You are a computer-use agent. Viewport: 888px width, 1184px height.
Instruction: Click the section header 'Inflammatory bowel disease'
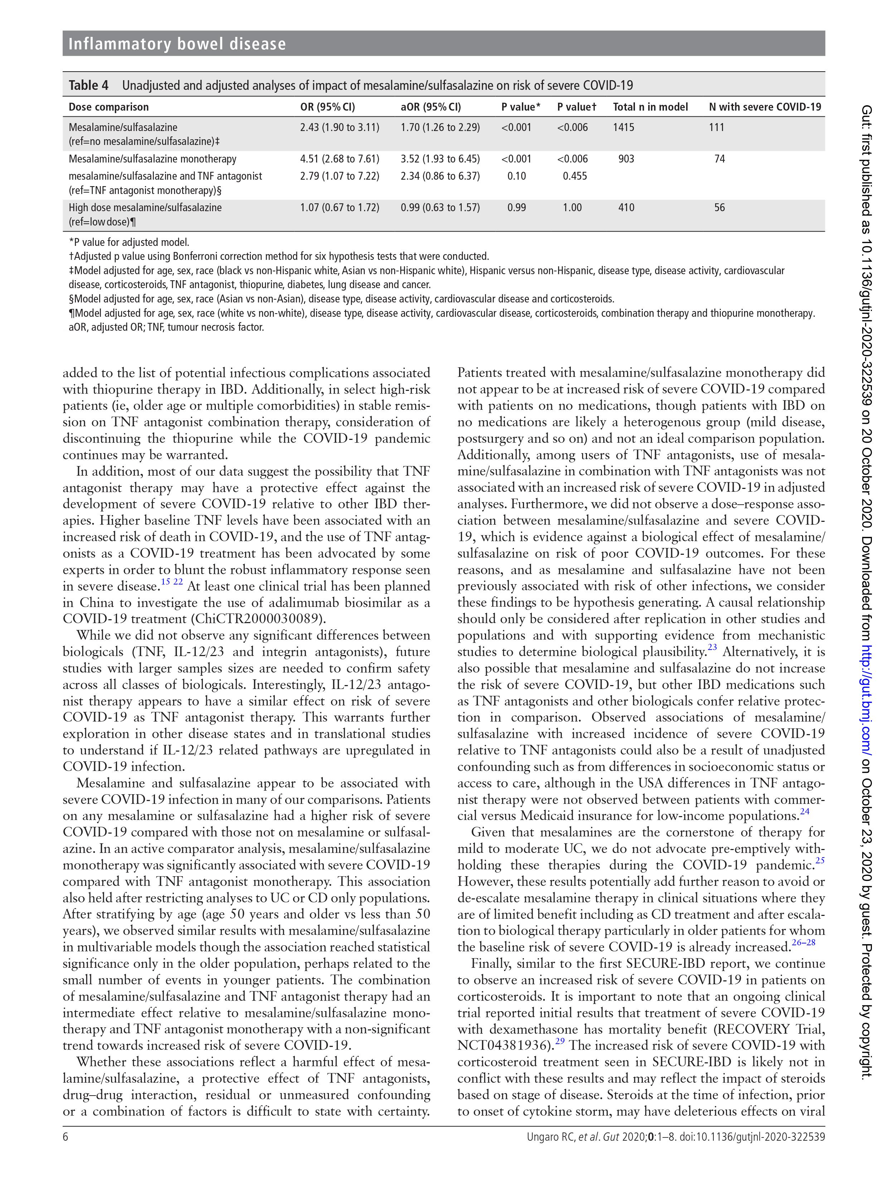[177, 44]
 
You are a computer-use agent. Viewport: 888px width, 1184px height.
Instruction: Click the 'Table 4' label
[88, 85]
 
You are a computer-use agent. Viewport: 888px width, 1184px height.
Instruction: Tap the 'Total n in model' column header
[650, 107]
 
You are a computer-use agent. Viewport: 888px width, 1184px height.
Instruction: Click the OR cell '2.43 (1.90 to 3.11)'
[339, 127]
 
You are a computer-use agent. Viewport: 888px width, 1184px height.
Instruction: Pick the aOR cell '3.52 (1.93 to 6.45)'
[440, 159]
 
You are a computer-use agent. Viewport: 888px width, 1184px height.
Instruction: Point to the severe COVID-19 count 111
[716, 127]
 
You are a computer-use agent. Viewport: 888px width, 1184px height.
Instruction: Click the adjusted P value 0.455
[574, 176]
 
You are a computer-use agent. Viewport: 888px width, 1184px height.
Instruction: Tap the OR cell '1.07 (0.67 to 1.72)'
[339, 208]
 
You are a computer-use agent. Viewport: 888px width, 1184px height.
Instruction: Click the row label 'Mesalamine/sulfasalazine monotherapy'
[152, 159]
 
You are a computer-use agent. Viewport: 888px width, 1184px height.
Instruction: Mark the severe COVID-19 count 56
[719, 208]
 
